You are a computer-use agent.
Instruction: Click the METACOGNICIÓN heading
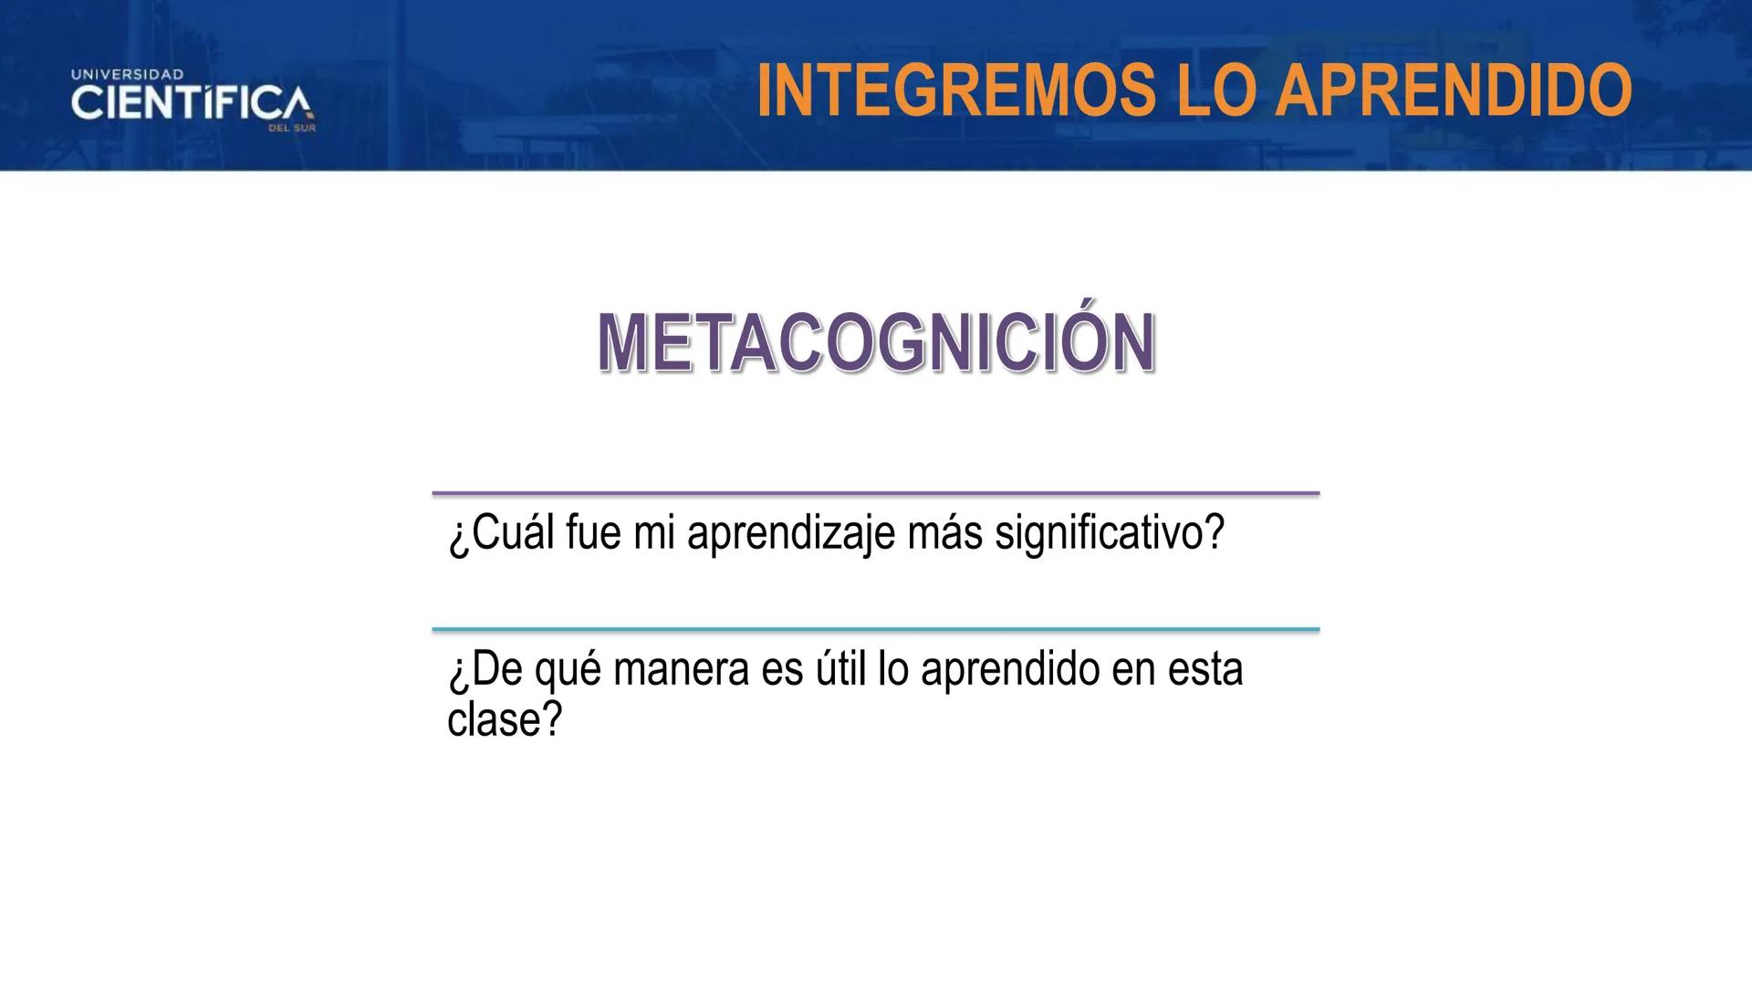click(x=876, y=342)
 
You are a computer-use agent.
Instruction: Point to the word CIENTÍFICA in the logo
click(x=192, y=103)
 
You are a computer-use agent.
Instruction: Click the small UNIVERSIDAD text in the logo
click(x=128, y=74)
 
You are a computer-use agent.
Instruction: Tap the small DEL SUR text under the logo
click(x=292, y=129)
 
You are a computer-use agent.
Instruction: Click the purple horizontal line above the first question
click(x=876, y=493)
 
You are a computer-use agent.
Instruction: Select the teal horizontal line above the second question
click(x=876, y=629)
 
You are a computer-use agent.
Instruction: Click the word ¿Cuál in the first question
click(x=501, y=533)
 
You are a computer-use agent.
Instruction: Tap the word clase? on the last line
click(x=505, y=719)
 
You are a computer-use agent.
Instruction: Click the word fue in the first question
click(x=593, y=533)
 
